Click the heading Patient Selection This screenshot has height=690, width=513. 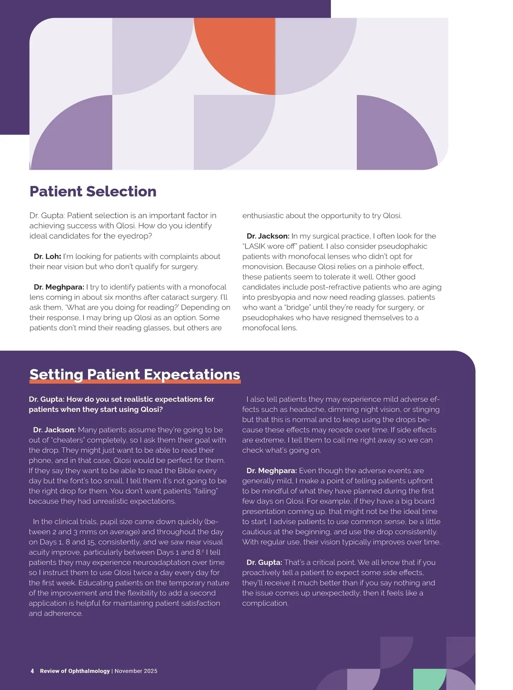[x=93, y=191]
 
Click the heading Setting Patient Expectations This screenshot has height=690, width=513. [x=135, y=374]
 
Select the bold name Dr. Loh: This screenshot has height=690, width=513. [x=47, y=256]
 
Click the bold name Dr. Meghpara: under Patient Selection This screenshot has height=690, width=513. [x=59, y=287]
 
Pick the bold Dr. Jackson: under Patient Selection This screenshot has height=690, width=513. [x=268, y=236]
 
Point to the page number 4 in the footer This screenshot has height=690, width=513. [x=32, y=671]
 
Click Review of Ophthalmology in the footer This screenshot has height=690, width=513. [x=75, y=671]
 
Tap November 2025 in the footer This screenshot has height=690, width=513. [x=136, y=671]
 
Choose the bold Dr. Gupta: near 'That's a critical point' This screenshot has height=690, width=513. [x=264, y=563]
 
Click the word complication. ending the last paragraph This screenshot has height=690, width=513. [x=265, y=603]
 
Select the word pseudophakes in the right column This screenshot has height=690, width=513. [x=265, y=318]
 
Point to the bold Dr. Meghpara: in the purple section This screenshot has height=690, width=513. [x=271, y=471]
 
